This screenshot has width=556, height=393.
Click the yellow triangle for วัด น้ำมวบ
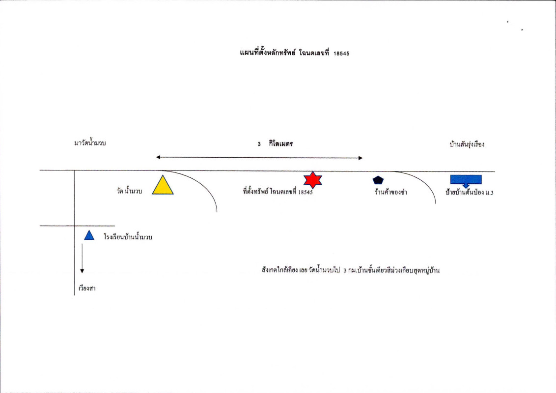click(163, 186)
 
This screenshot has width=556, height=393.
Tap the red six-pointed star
click(313, 180)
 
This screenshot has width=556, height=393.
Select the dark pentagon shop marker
click(378, 180)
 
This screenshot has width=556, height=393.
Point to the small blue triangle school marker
click(89, 235)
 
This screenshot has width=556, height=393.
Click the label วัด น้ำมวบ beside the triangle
click(130, 191)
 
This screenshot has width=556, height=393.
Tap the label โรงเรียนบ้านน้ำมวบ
click(128, 237)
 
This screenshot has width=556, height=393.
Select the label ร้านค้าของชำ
click(391, 192)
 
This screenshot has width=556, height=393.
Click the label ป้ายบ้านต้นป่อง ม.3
click(470, 192)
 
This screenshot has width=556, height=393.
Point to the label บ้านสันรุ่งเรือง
click(467, 144)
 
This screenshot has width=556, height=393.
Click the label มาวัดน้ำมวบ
click(90, 143)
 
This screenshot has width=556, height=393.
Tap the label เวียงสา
click(87, 288)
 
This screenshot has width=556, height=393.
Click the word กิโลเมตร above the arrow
click(281, 143)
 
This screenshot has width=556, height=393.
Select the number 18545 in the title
click(341, 54)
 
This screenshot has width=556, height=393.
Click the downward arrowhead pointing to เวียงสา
click(82, 271)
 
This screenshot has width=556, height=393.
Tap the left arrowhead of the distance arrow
click(158, 157)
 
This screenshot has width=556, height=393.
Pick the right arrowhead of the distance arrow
click(360, 158)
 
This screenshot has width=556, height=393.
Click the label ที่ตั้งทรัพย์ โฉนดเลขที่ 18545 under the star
click(278, 192)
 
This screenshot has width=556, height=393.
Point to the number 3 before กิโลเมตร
click(259, 144)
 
